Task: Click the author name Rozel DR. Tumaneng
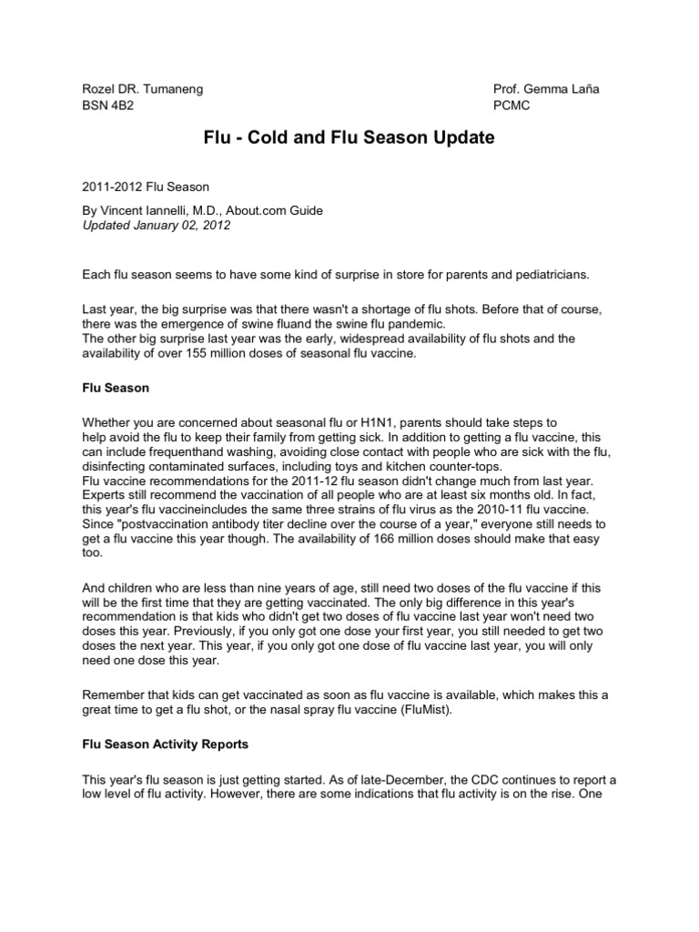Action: pos(140,90)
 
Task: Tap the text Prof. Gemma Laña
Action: pos(546,90)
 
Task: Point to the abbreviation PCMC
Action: pos(512,106)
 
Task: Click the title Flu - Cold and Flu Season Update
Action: pos(349,139)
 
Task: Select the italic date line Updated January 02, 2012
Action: pos(156,226)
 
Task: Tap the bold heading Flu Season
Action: pos(116,388)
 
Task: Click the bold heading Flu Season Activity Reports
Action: pos(165,744)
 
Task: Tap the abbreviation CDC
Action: pos(509,780)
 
